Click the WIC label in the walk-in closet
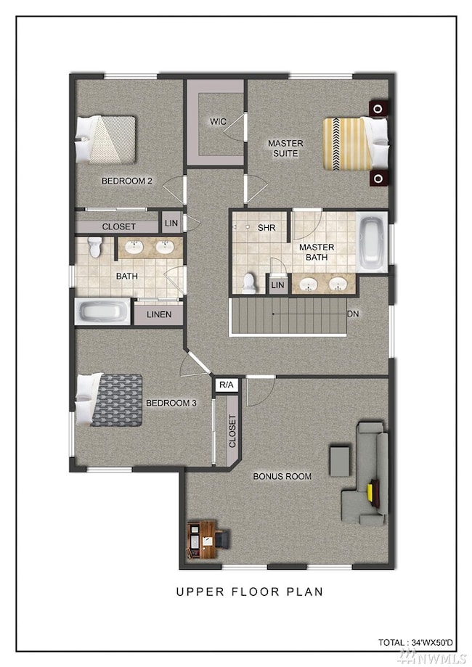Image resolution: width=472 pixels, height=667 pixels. click(218, 122)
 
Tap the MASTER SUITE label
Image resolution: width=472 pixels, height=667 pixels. click(285, 148)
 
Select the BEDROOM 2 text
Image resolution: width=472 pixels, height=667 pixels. click(127, 181)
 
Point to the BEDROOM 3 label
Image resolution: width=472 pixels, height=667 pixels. click(171, 402)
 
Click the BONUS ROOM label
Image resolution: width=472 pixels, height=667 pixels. click(282, 476)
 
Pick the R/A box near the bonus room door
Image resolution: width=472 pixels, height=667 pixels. click(227, 385)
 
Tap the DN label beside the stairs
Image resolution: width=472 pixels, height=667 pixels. click(353, 314)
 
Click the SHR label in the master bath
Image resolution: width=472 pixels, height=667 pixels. click(266, 228)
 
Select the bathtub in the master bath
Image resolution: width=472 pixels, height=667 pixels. click(372, 242)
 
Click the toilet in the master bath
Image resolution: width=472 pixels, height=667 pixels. click(249, 283)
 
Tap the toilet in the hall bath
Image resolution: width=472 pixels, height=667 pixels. click(95, 247)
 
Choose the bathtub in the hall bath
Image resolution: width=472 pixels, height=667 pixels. click(102, 311)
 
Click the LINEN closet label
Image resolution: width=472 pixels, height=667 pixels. click(159, 314)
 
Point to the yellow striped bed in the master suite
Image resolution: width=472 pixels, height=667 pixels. click(355, 144)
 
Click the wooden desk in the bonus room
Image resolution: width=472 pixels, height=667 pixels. click(201, 539)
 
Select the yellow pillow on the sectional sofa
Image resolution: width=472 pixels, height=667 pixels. click(370, 492)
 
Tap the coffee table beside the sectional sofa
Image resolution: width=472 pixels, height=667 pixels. click(340, 461)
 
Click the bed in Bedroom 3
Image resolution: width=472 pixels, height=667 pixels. click(109, 400)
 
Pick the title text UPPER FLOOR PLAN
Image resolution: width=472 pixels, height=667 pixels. click(250, 592)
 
